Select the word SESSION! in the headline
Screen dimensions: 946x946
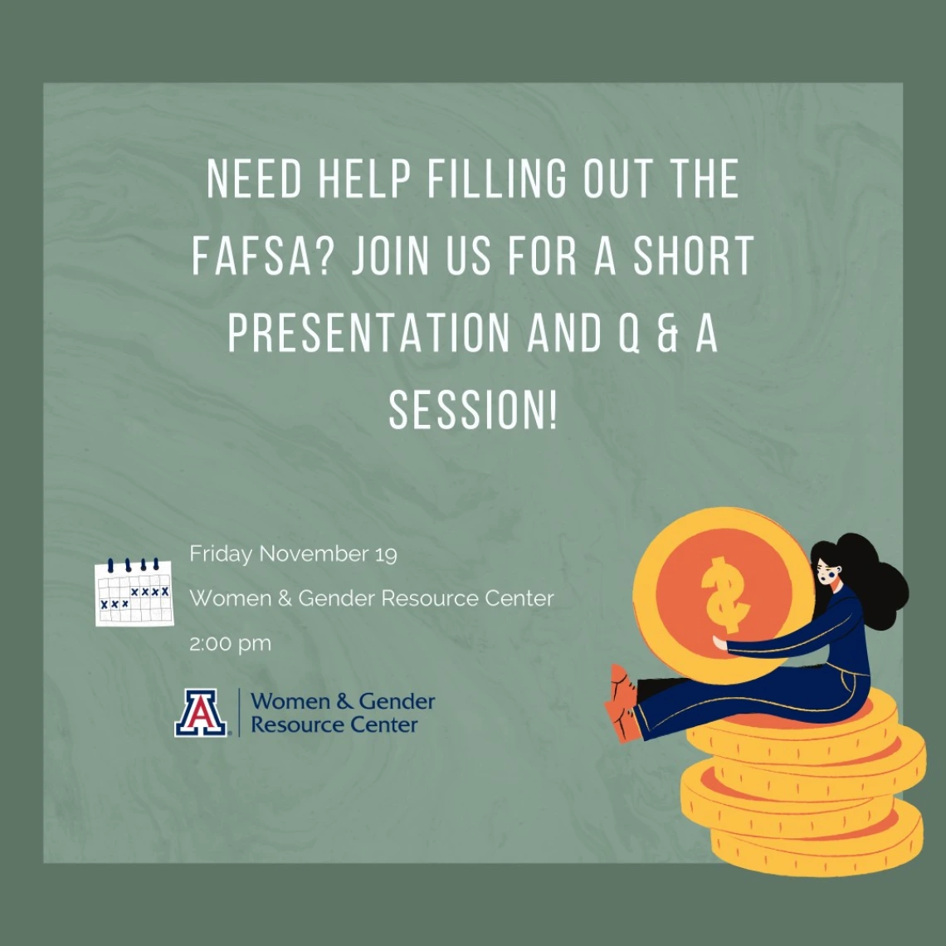[x=472, y=410]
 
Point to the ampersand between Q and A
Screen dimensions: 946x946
[x=668, y=333]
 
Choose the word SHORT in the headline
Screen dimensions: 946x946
[x=694, y=256]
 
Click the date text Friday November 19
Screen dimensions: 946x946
[x=293, y=553]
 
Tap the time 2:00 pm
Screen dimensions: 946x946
[x=231, y=644]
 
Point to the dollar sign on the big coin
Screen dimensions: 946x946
[x=724, y=594]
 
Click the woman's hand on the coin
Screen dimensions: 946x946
[x=719, y=643]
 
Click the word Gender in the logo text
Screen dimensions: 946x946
[x=397, y=702]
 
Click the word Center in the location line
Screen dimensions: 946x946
[x=519, y=598]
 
